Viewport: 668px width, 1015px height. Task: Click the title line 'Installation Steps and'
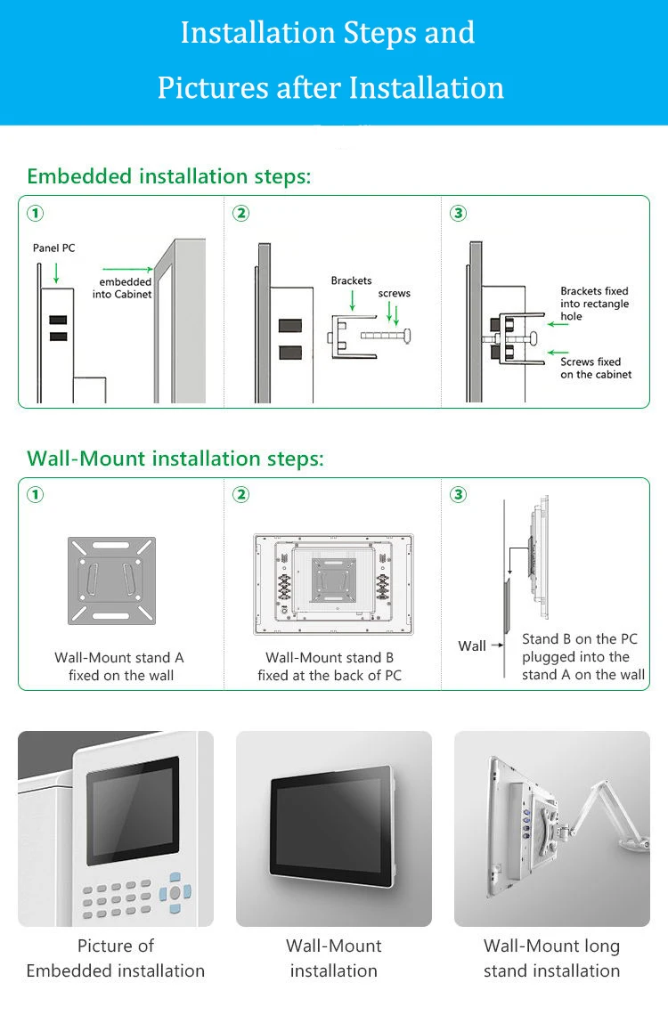328,34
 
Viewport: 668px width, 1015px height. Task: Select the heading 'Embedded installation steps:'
169,176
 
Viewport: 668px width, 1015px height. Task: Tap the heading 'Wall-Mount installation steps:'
175,459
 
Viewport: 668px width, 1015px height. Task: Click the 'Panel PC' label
54,248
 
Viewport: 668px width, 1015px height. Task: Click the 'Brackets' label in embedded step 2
351,280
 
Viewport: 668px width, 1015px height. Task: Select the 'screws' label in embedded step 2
395,293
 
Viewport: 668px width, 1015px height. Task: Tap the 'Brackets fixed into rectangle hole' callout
594,304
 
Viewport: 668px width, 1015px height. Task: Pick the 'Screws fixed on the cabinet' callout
596,369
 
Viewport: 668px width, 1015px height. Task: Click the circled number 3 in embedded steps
459,214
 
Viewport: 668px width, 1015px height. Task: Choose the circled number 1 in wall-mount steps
36,495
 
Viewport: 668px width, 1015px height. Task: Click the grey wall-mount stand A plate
112,581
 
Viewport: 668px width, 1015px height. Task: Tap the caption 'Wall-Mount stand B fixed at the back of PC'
330,667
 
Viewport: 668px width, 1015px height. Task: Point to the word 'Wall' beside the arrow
472,646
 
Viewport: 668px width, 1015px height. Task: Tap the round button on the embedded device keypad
175,892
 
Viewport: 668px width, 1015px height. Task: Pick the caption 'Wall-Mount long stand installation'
551,958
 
